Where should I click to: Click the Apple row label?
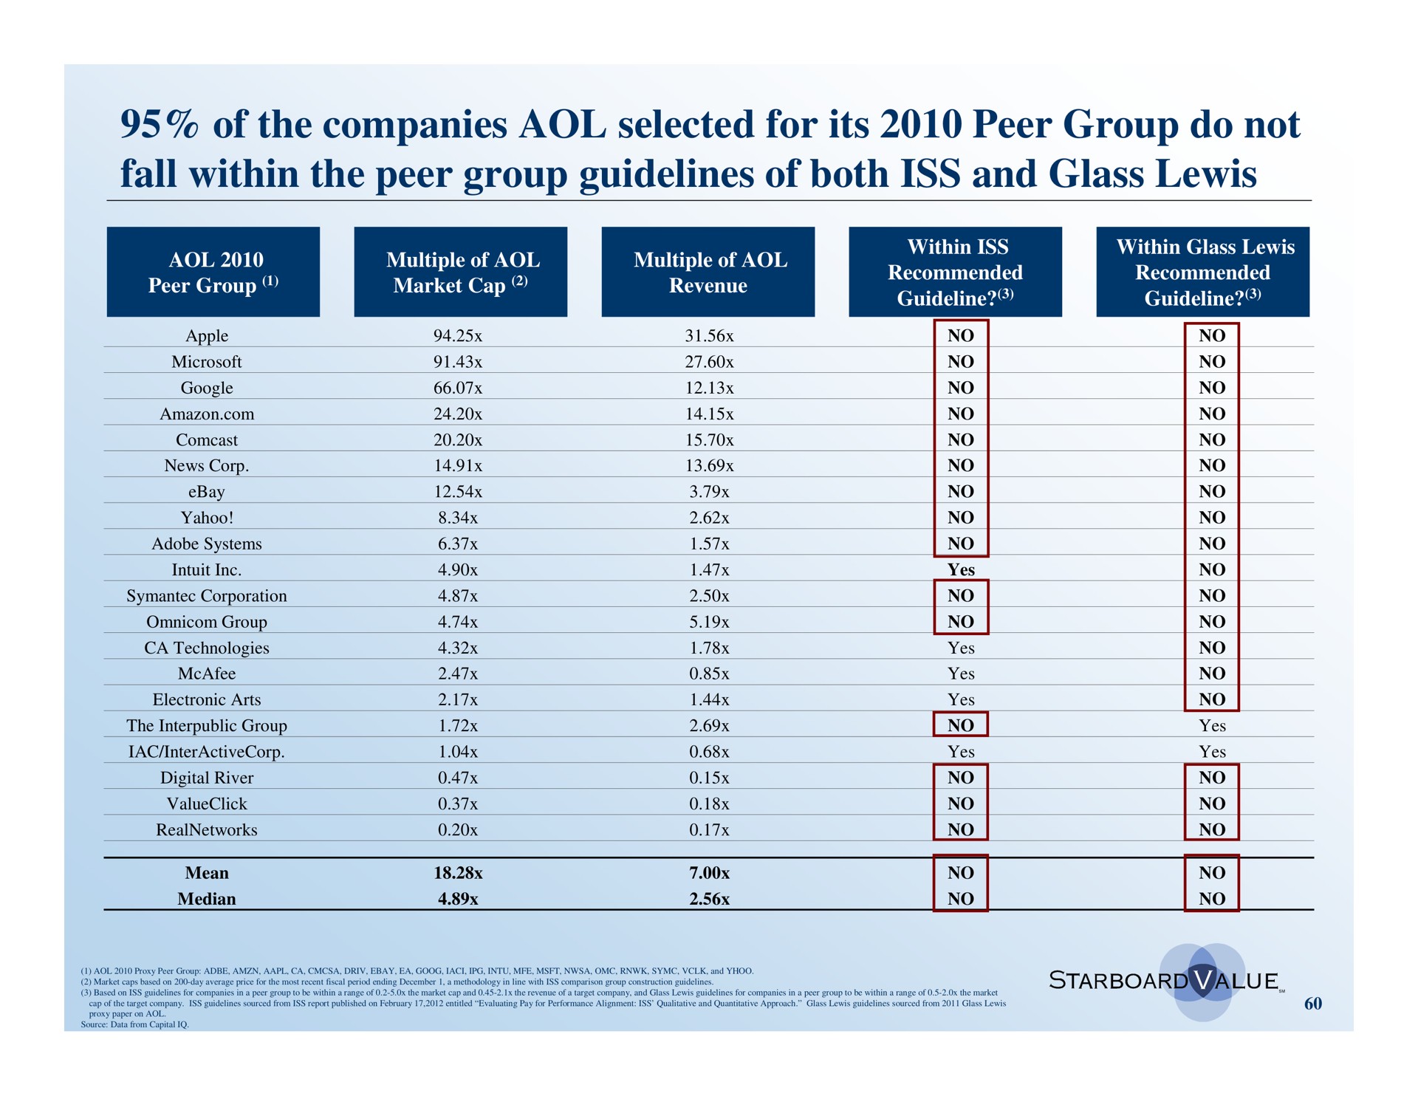point(207,336)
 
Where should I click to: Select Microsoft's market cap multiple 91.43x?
point(458,362)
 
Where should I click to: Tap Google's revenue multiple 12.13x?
point(709,388)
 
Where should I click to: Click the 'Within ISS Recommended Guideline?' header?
point(955,272)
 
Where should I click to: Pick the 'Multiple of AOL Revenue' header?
point(708,272)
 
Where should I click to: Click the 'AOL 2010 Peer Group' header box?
point(213,272)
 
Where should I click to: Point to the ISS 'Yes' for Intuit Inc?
point(961,569)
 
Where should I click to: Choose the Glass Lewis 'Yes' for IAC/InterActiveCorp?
point(1212,752)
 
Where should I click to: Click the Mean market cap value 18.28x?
point(458,873)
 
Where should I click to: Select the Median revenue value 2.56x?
point(709,899)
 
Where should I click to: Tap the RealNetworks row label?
point(207,830)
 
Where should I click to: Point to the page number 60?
point(1312,1003)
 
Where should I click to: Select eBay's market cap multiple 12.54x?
point(458,492)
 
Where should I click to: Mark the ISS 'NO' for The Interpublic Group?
point(961,726)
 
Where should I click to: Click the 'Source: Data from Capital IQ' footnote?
point(134,1024)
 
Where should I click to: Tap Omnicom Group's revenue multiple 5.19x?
point(709,622)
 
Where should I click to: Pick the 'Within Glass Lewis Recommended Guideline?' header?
point(1202,272)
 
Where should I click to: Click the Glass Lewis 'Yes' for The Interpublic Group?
point(1212,726)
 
